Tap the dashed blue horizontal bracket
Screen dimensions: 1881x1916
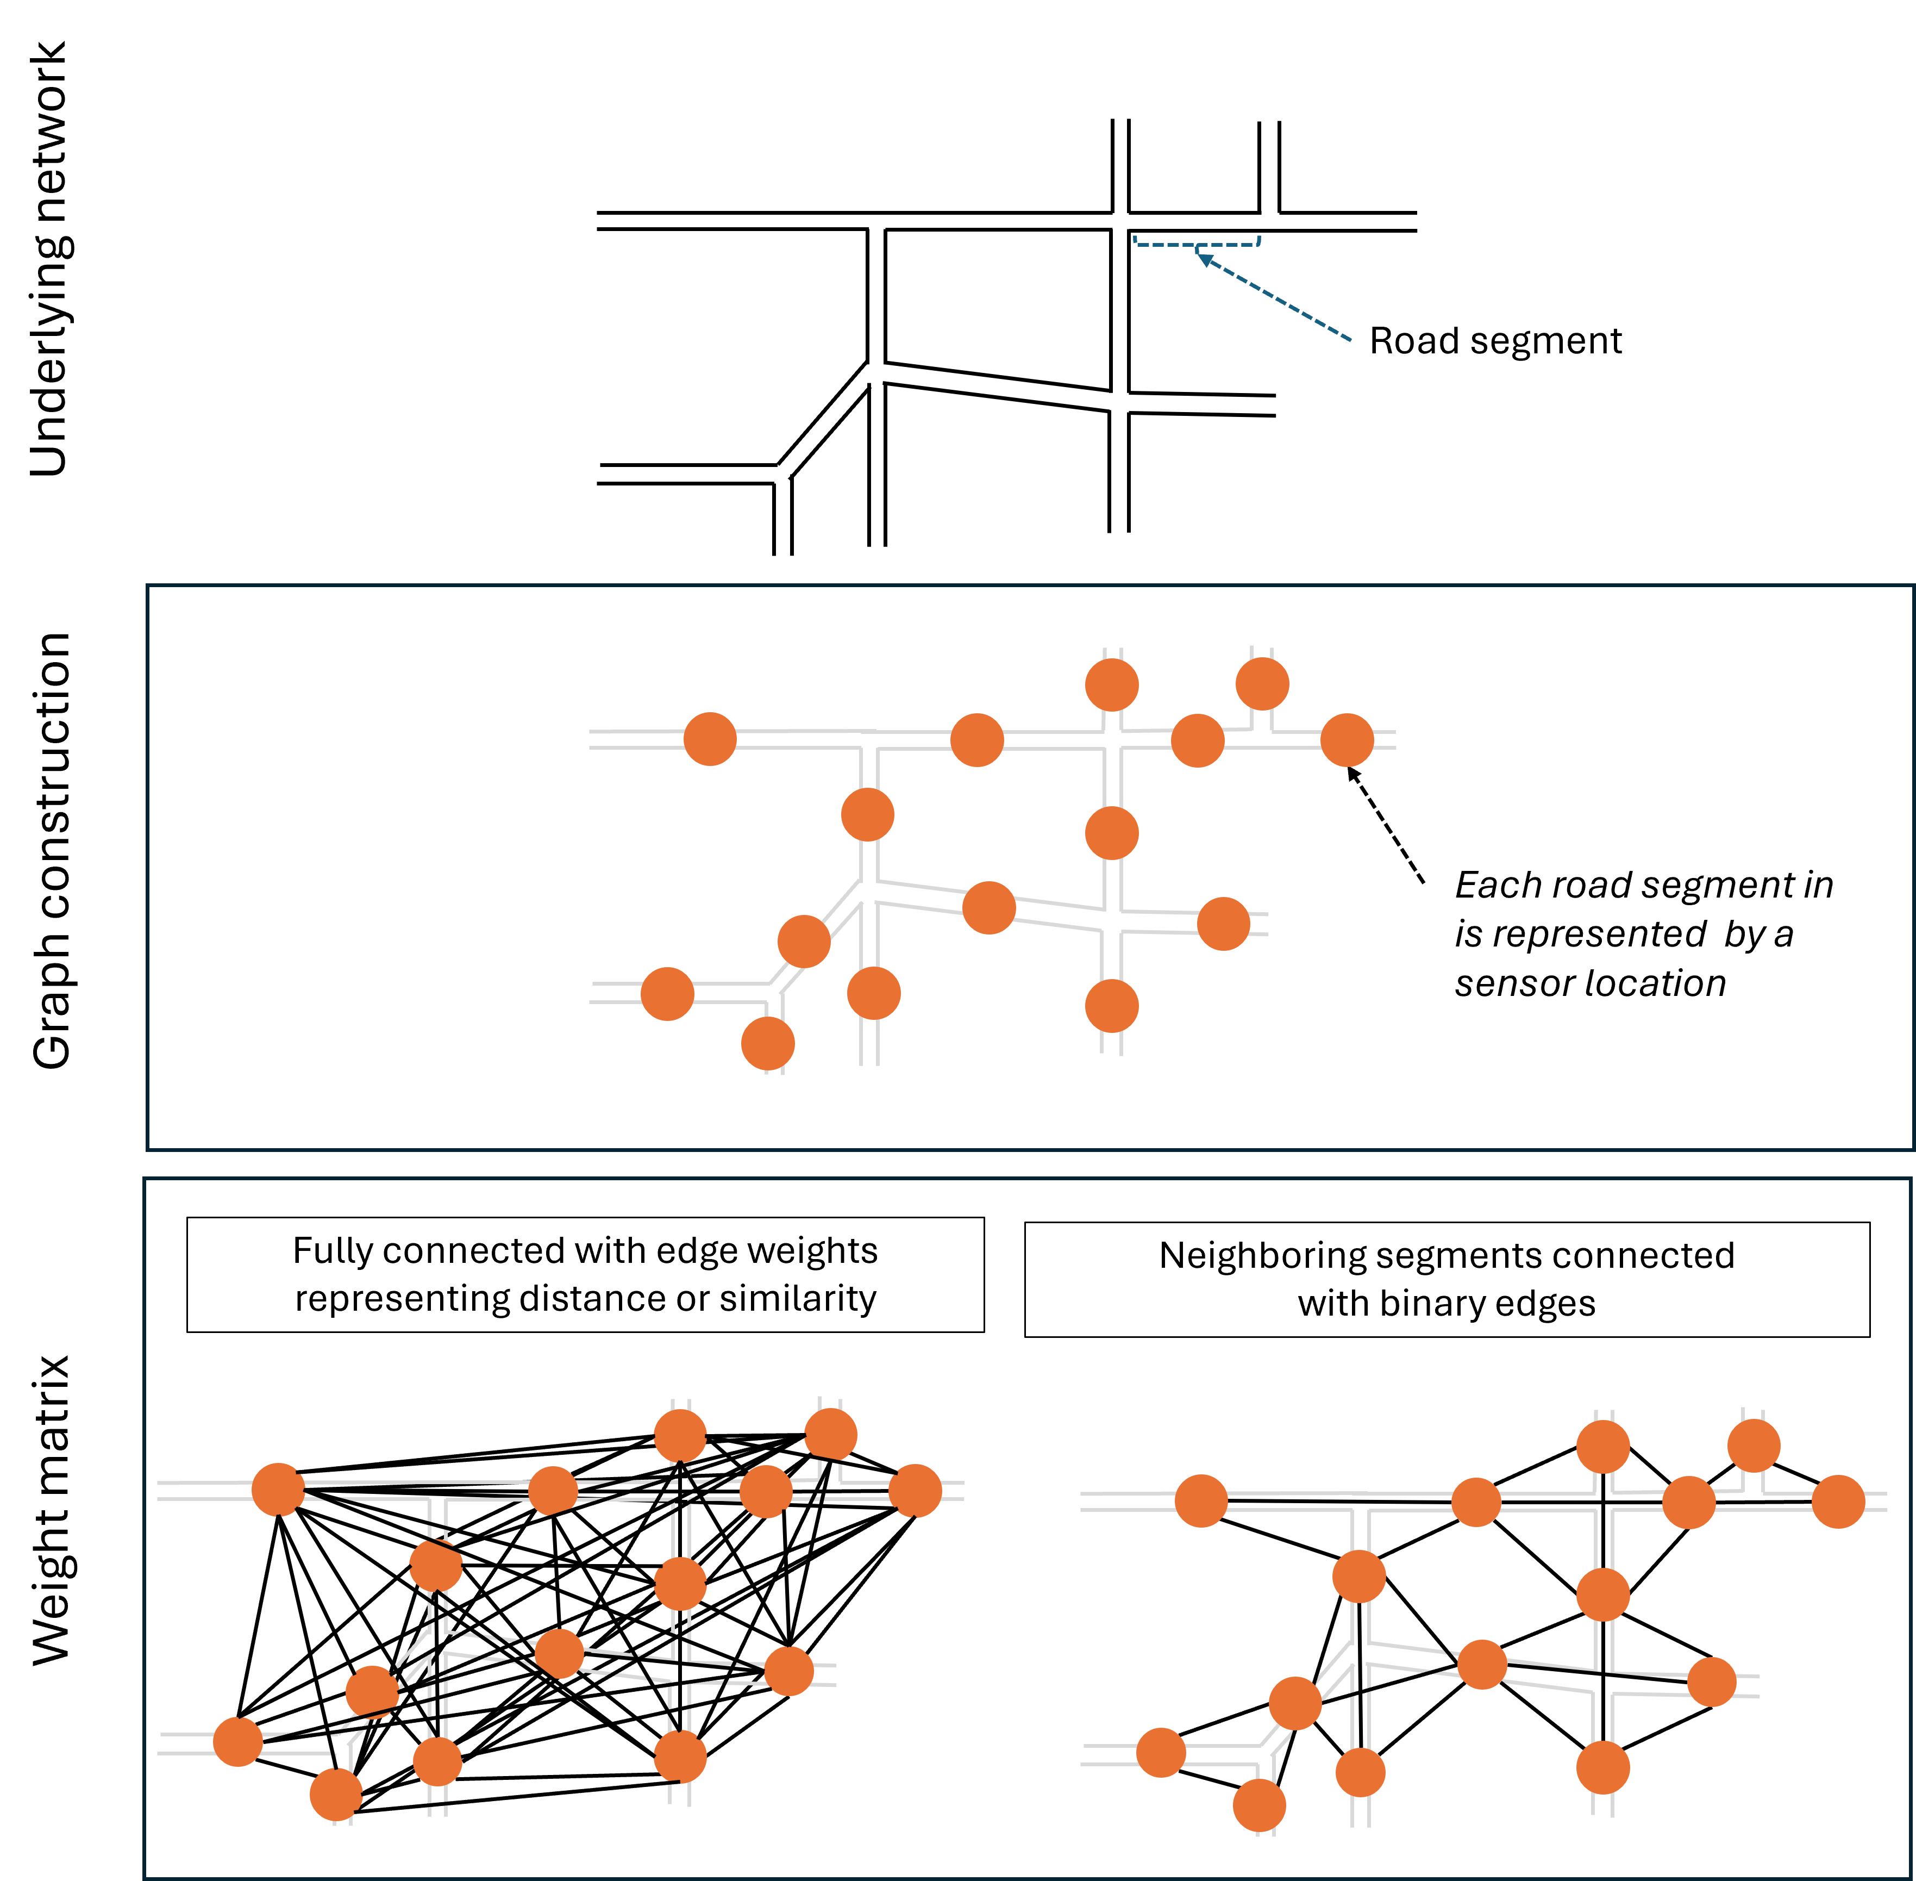1197,243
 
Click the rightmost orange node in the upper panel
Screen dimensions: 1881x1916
1347,740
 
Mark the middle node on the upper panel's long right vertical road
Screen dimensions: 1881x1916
1112,833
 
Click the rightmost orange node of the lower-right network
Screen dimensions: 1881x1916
1838,1502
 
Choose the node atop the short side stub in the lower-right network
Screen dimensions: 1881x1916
1754,1446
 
